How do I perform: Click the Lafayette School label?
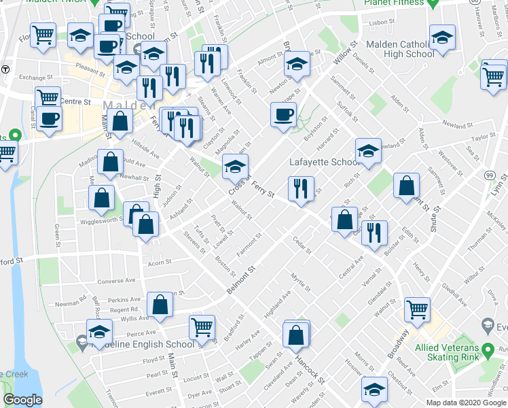(x=325, y=163)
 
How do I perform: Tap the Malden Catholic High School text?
(x=399, y=48)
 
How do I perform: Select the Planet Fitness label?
(x=397, y=3)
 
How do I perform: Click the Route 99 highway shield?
(x=489, y=175)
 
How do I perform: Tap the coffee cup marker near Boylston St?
(x=283, y=115)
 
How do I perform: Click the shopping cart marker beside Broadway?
(x=417, y=309)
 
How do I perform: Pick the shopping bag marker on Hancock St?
(x=296, y=334)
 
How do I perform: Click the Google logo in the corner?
(x=22, y=400)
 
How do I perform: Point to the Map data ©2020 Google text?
(x=466, y=403)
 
